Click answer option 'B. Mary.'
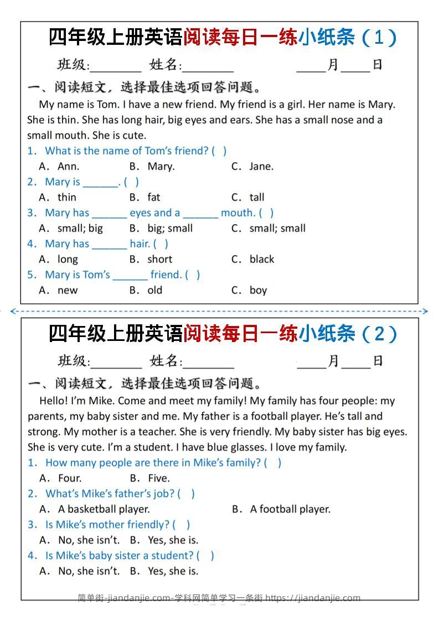(x=152, y=166)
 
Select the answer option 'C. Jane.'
(x=252, y=166)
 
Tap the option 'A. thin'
(x=58, y=197)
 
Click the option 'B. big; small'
(x=161, y=228)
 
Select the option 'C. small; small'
(x=268, y=228)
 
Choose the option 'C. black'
(x=253, y=259)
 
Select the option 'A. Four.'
(x=60, y=478)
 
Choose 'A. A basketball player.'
(x=95, y=509)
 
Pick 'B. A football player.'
(x=281, y=509)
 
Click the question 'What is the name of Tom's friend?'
(x=127, y=151)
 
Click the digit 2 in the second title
(x=379, y=334)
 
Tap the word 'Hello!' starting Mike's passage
(x=53, y=401)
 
